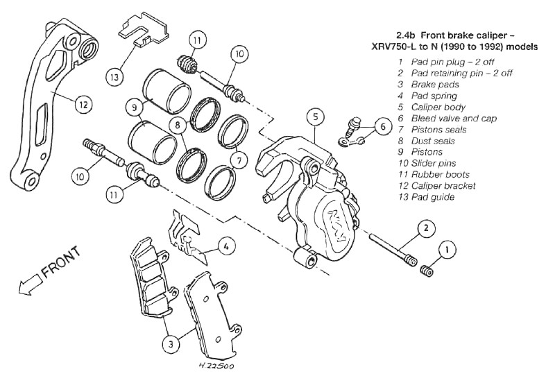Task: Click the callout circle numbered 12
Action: [83, 105]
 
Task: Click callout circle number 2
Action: [427, 228]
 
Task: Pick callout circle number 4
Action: [225, 245]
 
